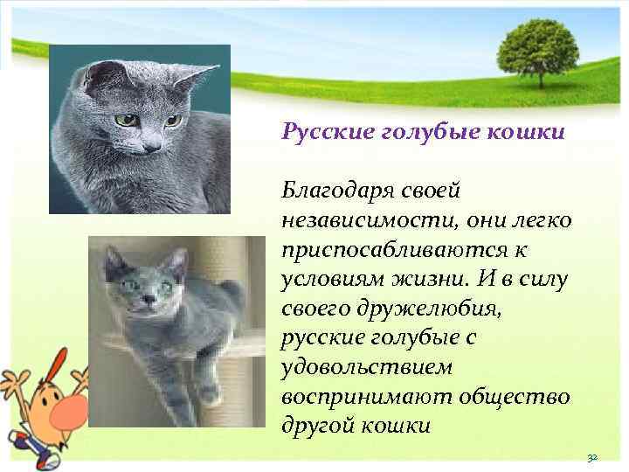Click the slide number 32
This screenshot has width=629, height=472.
591,457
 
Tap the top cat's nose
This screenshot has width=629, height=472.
149,146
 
